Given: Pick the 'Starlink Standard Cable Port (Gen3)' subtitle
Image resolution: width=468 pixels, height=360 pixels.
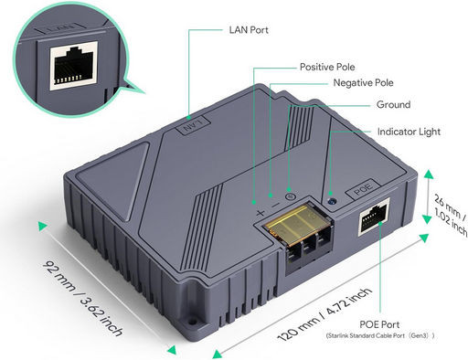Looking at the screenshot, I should click(x=379, y=337).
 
